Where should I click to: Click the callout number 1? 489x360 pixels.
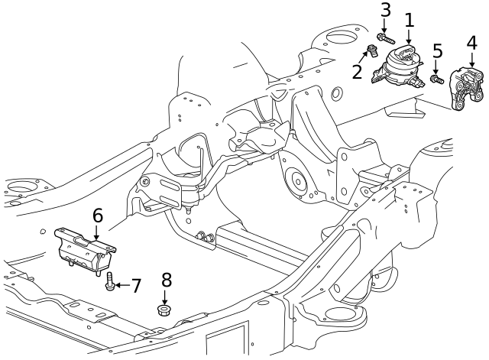pos(409,20)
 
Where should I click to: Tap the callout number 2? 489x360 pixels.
pos(357,73)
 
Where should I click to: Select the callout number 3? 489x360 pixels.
pos(385,10)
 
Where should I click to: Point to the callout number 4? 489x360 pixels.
pos(471,44)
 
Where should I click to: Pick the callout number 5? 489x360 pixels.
pos(437,51)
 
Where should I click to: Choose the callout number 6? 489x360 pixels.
pos(97,216)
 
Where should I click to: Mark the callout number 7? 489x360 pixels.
pos(136,287)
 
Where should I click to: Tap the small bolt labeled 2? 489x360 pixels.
pos(372,52)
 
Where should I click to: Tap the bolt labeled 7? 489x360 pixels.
pos(110,282)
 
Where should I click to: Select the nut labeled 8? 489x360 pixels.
pos(164,310)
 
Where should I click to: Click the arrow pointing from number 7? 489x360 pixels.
pos(122,286)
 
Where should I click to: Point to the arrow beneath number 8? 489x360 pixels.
pos(164,296)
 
